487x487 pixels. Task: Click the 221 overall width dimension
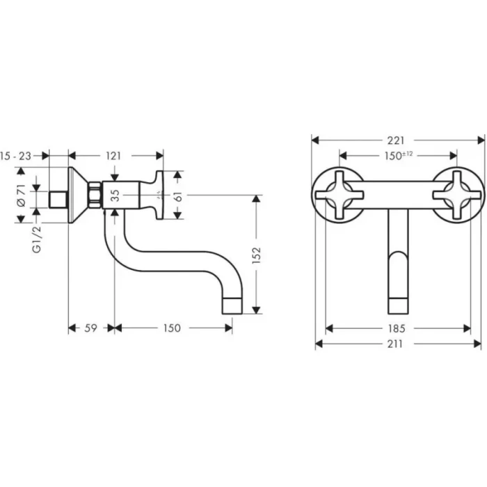coord(397,140)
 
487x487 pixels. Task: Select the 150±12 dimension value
coord(398,156)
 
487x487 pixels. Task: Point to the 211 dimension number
coord(398,344)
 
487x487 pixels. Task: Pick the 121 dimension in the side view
coord(115,156)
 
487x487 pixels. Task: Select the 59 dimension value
coord(90,328)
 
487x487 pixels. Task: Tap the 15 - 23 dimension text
coord(17,156)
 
